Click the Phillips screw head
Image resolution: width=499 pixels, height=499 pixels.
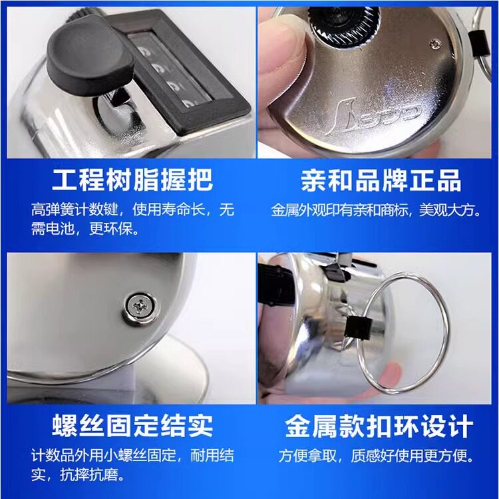point(140,308)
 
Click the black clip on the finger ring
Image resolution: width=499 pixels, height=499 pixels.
point(359,329)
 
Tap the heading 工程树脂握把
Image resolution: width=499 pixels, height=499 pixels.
point(132,180)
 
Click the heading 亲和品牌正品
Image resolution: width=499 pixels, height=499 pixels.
point(381,180)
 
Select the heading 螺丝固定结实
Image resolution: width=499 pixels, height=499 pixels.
point(132,426)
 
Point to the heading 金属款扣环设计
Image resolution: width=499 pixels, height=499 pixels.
point(379,426)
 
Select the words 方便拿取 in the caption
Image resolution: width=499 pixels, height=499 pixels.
point(307,456)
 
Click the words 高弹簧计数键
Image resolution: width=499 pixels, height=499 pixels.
point(75,210)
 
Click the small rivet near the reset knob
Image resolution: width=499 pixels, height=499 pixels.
point(434,44)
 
